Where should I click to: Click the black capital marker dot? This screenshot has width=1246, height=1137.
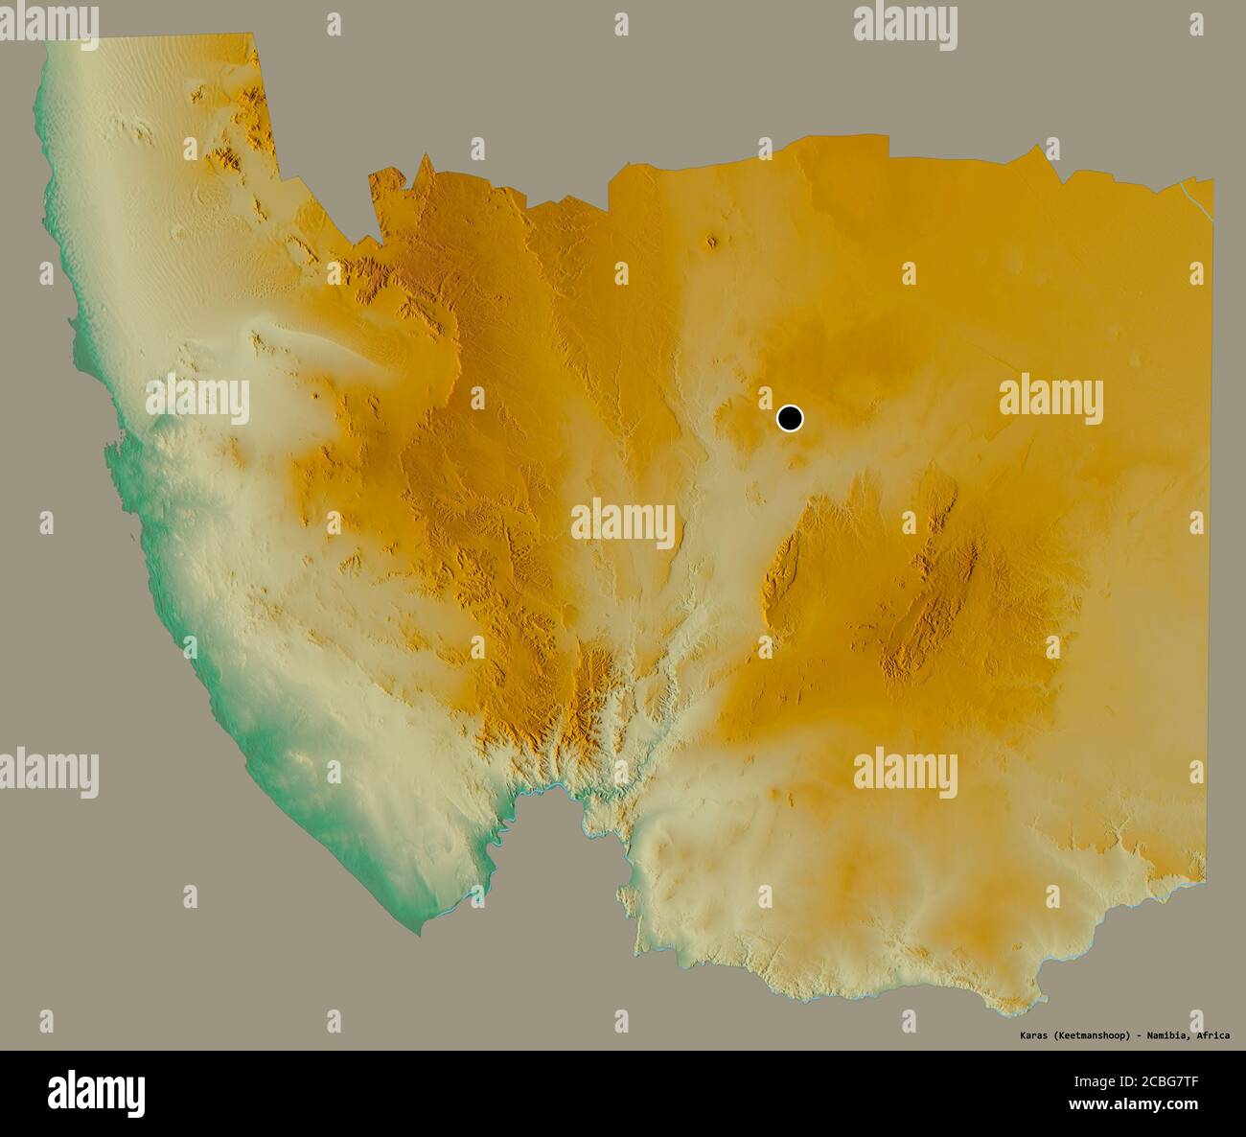click(789, 418)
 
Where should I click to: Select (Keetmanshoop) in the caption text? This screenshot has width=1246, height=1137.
click(1093, 1035)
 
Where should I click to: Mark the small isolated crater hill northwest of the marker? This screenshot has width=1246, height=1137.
click(711, 241)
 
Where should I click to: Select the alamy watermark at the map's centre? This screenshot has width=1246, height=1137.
click(623, 522)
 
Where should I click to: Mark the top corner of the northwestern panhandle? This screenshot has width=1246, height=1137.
click(255, 36)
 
